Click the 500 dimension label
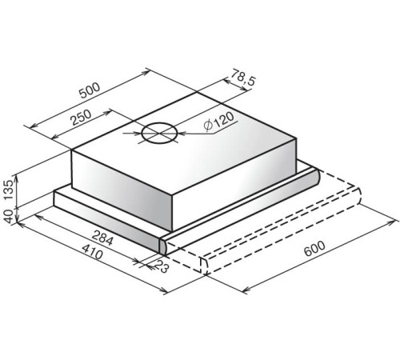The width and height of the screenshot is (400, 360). (90, 90)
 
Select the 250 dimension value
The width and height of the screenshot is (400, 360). (82, 118)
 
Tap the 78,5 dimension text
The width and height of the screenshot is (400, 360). (243, 78)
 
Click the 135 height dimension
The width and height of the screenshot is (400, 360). (8, 190)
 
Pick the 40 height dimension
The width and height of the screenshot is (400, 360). (8, 216)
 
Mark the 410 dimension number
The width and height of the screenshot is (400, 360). (92, 251)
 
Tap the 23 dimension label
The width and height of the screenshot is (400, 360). (162, 266)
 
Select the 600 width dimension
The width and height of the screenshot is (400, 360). (314, 249)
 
